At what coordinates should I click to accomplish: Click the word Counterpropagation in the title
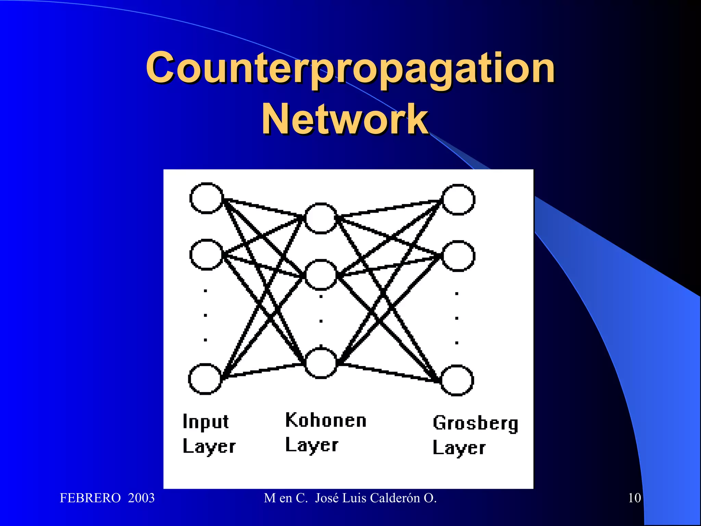(350, 68)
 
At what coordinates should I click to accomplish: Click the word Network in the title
(345, 119)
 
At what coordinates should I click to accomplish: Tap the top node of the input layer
(206, 198)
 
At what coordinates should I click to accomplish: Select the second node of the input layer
(206, 255)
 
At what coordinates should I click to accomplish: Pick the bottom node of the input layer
(205, 379)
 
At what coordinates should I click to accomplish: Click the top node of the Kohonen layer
(321, 218)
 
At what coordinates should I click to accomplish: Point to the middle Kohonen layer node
(321, 275)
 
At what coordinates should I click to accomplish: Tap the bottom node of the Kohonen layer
(321, 363)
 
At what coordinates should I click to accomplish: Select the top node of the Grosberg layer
(458, 199)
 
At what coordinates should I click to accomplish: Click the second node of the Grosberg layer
(458, 256)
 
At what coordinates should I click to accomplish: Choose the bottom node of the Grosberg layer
(457, 380)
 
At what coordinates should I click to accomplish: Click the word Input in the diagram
(205, 422)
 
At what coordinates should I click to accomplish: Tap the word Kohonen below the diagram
(326, 420)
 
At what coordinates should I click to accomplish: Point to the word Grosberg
(475, 423)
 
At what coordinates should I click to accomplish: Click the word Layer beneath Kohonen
(312, 445)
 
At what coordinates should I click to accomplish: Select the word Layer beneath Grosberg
(459, 448)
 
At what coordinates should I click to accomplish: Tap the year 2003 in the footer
(141, 498)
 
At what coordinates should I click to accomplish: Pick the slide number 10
(634, 498)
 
